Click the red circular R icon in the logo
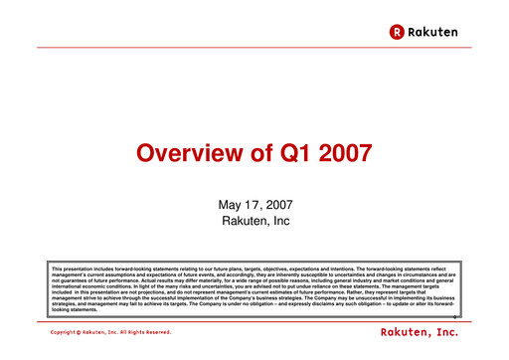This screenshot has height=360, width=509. [396, 32]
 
